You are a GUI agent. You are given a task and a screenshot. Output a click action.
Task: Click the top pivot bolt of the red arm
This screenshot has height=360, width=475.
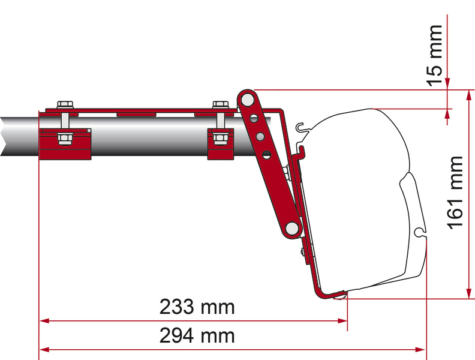coord(246,97)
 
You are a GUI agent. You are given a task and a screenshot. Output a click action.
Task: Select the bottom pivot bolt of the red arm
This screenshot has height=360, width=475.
coord(292,227)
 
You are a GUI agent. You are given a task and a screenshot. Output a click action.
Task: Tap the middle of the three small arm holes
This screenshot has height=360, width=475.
coord(260,137)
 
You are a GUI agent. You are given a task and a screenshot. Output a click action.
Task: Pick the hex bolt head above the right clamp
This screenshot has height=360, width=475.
coord(221,105)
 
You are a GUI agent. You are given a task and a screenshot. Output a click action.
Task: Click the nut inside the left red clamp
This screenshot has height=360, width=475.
coord(64,140)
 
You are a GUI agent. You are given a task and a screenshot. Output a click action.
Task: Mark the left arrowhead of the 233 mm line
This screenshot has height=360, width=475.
coord(44,321)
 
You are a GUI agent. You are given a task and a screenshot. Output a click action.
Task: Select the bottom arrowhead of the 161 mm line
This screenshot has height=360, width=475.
coord(468,293)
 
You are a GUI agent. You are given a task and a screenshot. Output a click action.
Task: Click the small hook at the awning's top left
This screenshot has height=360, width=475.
coord(302,128)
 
